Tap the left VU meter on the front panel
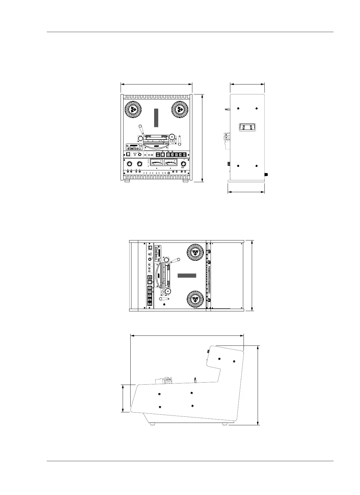156,163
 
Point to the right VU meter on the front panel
171,163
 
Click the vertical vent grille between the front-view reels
156,118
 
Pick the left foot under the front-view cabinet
127,181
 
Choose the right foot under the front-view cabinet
186,181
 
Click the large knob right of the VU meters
184,164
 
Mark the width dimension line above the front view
156,84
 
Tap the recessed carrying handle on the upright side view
247,127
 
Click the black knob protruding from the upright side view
266,175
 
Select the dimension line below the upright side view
246,192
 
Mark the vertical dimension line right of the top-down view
252,275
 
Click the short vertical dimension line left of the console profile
123,398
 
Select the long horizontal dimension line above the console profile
187,335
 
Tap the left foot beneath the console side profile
152,424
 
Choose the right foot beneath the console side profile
225,424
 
